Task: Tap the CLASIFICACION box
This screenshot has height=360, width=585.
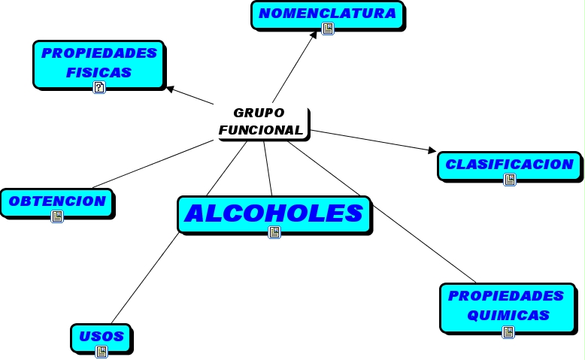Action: pyautogui.click(x=509, y=164)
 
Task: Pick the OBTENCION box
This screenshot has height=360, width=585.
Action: pyautogui.click(x=57, y=201)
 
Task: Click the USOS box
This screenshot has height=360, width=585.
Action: pyautogui.click(x=101, y=336)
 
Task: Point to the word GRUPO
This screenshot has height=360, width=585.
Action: pyautogui.click(x=259, y=113)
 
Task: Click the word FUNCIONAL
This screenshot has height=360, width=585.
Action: pyautogui.click(x=261, y=130)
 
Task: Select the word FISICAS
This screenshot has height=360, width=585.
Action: pyautogui.click(x=99, y=73)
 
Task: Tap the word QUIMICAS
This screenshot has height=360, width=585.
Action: pyautogui.click(x=508, y=316)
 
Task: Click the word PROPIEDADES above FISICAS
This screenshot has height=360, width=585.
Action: pyautogui.click(x=99, y=53)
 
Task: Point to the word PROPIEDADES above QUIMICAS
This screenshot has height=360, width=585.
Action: pyautogui.click(x=506, y=295)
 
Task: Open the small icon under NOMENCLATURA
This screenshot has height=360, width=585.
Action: pyautogui.click(x=327, y=29)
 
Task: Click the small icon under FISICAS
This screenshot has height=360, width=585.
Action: pyautogui.click(x=99, y=87)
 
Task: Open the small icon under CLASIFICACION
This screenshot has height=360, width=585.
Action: pyautogui.click(x=509, y=180)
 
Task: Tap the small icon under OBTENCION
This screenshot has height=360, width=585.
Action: pyautogui.click(x=57, y=216)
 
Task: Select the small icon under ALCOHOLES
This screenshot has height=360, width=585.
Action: pyautogui.click(x=274, y=232)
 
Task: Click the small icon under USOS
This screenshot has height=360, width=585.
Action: pyautogui.click(x=101, y=351)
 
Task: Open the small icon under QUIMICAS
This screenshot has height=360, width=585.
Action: pyautogui.click(x=508, y=331)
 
